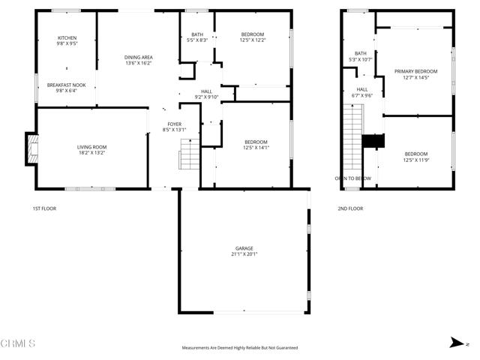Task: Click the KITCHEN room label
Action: click(x=67, y=37)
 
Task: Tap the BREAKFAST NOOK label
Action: click(x=67, y=85)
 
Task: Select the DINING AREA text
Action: click(x=138, y=58)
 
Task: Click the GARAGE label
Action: click(x=244, y=248)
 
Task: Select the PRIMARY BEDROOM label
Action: click(x=415, y=71)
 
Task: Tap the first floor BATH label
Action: click(x=196, y=34)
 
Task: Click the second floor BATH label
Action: click(x=361, y=53)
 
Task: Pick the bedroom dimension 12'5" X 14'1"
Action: click(x=256, y=147)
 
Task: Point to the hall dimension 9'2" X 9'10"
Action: click(x=205, y=97)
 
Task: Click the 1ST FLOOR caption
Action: click(x=44, y=208)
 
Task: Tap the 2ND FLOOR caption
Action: click(x=350, y=208)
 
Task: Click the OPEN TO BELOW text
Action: click(x=353, y=178)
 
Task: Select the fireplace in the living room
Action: click(x=31, y=148)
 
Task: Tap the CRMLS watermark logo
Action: click(x=19, y=343)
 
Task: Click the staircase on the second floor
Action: click(x=352, y=135)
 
